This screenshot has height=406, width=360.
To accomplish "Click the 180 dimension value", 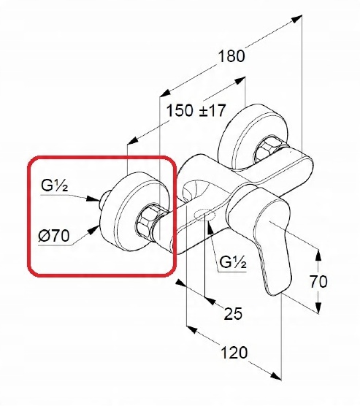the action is pos(231,56).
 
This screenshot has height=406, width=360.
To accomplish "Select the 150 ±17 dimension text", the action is pos(196,111).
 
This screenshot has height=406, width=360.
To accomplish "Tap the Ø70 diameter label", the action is pos(54,236).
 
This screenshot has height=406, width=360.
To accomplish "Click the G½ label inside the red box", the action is pos(54,185).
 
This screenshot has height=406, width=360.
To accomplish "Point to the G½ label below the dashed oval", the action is pos(233,262).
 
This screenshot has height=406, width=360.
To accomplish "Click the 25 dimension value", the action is pos(233,314).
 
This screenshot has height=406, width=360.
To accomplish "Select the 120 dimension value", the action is pos(234,353).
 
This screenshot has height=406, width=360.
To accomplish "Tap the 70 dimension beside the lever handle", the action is pos(318,282).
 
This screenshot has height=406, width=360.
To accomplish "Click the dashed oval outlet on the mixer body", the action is pos(206,215).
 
